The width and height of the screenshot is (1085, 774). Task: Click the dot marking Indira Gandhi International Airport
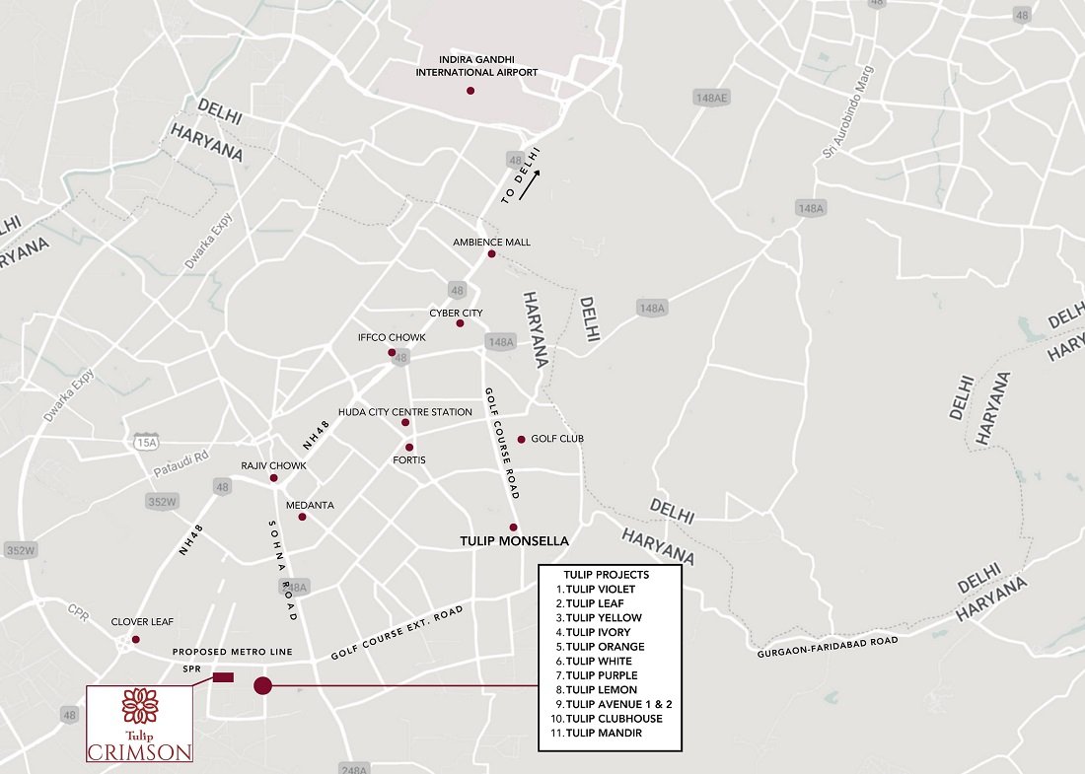coord(470,91)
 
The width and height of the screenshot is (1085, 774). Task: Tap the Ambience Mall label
coord(491,242)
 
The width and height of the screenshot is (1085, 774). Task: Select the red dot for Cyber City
coord(460,323)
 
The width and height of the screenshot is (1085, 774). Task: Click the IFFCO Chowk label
coord(392,337)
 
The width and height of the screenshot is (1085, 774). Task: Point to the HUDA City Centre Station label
coord(404,411)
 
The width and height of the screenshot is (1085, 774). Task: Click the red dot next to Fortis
coord(409,448)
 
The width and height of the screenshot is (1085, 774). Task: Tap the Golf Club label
coord(557,439)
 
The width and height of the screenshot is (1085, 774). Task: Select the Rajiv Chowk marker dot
coord(274,479)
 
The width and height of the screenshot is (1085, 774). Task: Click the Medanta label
coord(310,505)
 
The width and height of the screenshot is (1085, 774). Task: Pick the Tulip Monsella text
coord(516,542)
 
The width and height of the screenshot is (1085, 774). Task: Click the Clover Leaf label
coord(143,622)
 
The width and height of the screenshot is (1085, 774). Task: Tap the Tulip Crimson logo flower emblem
coord(139,706)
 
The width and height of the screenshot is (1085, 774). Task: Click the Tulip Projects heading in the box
coord(607,574)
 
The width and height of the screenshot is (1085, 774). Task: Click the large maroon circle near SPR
coord(262,685)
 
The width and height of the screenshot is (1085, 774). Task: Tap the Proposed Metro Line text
coord(233,653)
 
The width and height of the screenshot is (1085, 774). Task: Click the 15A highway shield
coord(146,444)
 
